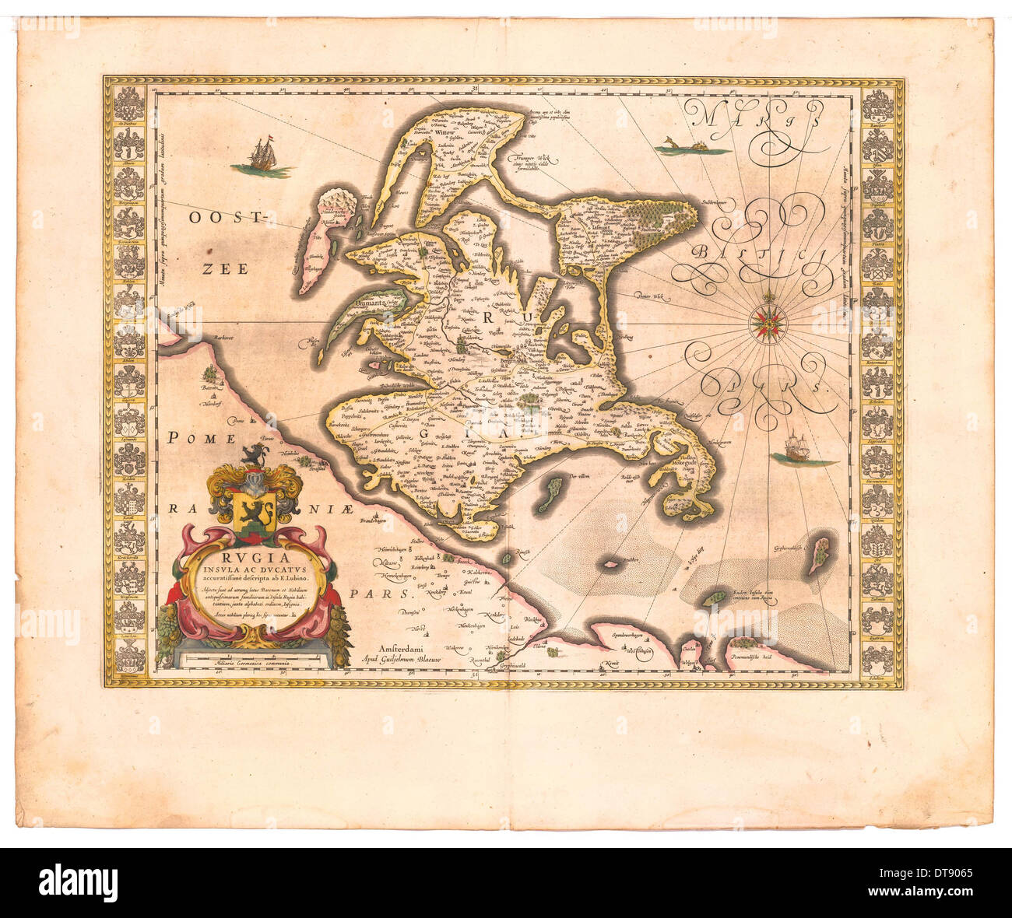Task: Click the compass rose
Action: (768, 320)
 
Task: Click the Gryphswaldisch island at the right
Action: (819, 549)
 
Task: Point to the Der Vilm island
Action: (554, 492)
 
